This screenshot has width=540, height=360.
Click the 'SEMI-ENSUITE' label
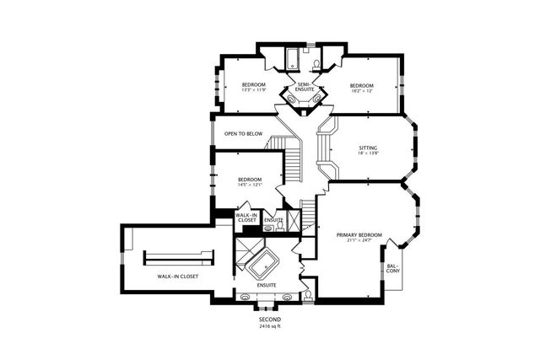pos(299,87)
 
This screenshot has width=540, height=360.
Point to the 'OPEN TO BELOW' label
pos(243,134)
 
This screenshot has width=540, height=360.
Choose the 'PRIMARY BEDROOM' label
pos(359,234)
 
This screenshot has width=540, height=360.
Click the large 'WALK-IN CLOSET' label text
pos(177,276)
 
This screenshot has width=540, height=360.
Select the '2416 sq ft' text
pos(269,326)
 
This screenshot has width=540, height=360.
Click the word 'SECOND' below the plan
pos(269,320)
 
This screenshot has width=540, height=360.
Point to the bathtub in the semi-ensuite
pos(290,59)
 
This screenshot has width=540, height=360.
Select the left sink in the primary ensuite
pos(246,297)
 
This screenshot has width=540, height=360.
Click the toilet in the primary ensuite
pos(309,295)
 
